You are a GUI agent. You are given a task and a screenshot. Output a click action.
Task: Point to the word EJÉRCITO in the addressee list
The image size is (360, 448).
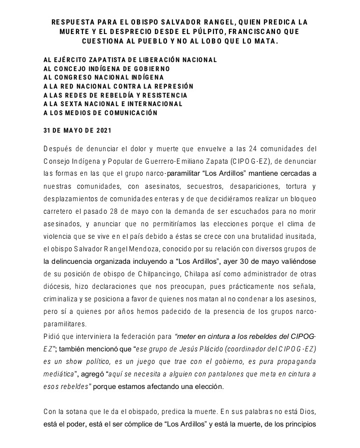(71, 60)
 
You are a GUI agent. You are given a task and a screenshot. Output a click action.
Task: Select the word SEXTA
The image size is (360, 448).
(74, 104)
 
